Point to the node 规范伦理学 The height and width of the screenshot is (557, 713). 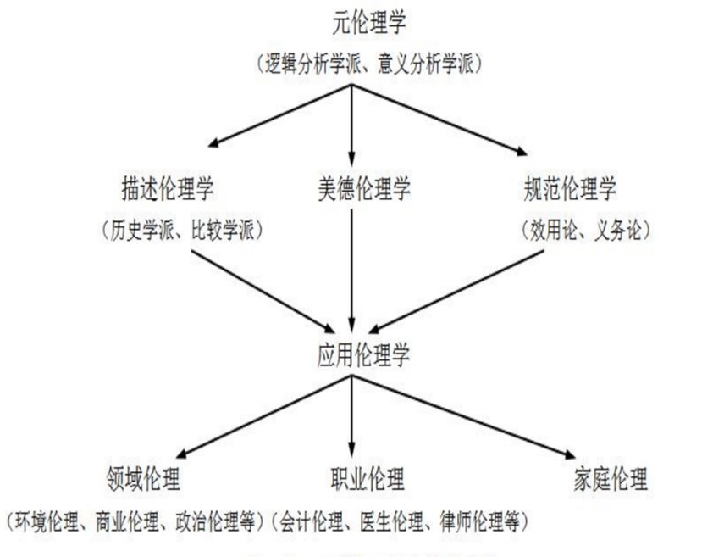(570, 188)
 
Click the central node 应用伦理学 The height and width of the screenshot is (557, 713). (359, 356)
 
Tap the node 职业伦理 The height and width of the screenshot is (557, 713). (366, 479)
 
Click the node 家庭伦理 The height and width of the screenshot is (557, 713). (611, 479)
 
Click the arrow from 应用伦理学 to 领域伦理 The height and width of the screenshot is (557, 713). (263, 415)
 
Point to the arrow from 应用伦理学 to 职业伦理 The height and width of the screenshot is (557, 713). (353, 415)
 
